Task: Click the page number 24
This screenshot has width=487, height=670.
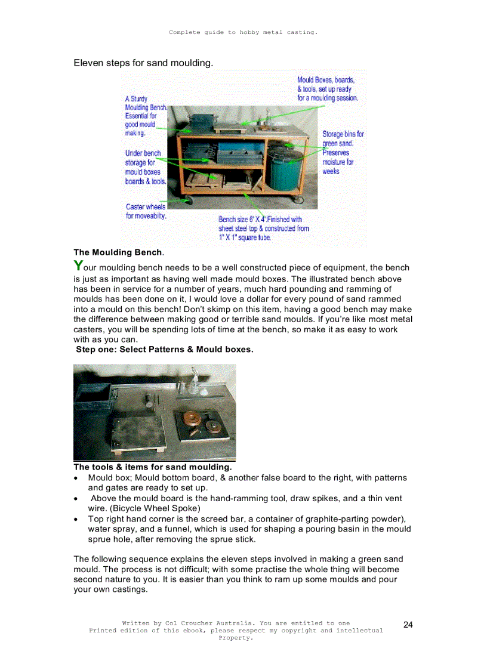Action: pos(408,625)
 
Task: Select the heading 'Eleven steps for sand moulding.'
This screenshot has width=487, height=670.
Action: pos(143,63)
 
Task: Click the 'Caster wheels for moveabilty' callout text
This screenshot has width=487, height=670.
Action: pos(146,211)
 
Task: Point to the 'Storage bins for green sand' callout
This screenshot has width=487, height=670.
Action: pos(343,139)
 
